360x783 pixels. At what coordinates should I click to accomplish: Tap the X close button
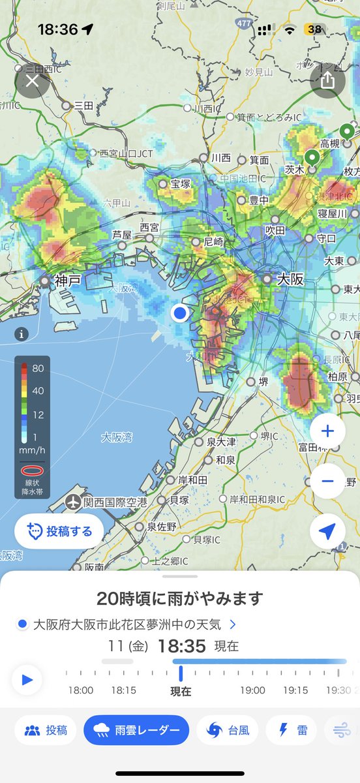[32, 82]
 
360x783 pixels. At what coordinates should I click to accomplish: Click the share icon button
[327, 80]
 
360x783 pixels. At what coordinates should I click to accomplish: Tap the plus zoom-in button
[327, 431]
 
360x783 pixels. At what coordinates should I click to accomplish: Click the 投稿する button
[59, 530]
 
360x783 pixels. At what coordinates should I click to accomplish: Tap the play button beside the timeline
[27, 680]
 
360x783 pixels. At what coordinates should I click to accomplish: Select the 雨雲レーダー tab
[136, 730]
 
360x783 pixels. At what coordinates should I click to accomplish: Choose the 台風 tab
[228, 730]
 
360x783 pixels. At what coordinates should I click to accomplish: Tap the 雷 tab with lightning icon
[293, 730]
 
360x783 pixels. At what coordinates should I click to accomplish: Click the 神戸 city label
[68, 281]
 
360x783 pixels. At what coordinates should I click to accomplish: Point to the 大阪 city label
[290, 279]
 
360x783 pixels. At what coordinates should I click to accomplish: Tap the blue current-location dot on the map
[180, 314]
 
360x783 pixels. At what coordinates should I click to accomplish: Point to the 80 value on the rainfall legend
[38, 368]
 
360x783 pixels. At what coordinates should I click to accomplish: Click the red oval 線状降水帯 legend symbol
[32, 470]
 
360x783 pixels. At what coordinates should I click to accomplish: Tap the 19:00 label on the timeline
[252, 690]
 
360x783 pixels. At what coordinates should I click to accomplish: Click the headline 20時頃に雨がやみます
[179, 598]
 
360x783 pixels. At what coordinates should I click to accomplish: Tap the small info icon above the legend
[22, 335]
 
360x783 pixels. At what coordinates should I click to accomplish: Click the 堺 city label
[263, 382]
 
